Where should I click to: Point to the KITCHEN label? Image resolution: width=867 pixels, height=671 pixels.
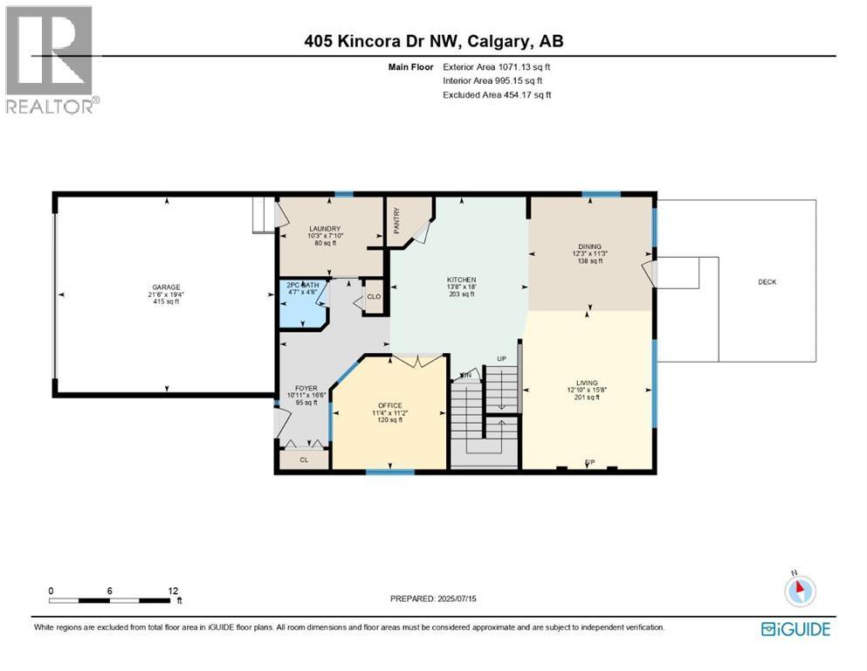coord(460,280)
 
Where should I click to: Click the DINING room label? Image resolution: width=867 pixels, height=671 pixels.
coord(589,246)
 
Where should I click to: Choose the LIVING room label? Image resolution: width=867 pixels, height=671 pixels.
coord(587,383)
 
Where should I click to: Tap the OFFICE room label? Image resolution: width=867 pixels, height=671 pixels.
coord(389,405)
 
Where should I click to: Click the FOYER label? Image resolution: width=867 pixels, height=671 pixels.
coord(306,388)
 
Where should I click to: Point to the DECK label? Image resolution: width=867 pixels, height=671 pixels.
coord(767,281)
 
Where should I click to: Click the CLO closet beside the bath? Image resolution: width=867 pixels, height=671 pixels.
coord(374,296)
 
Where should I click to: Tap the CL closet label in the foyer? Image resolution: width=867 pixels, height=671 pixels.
coord(304,458)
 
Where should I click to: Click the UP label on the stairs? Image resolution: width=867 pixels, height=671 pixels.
coord(501,359)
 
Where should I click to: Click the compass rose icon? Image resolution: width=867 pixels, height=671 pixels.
coord(800,591)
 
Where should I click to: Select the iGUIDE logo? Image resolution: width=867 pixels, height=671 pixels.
coord(795,628)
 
